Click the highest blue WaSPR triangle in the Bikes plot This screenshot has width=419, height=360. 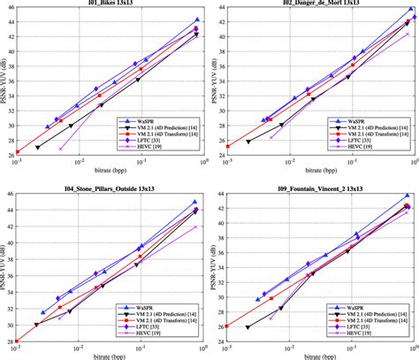(x=198, y=19)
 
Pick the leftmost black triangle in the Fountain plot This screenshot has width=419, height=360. (x=248, y=327)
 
